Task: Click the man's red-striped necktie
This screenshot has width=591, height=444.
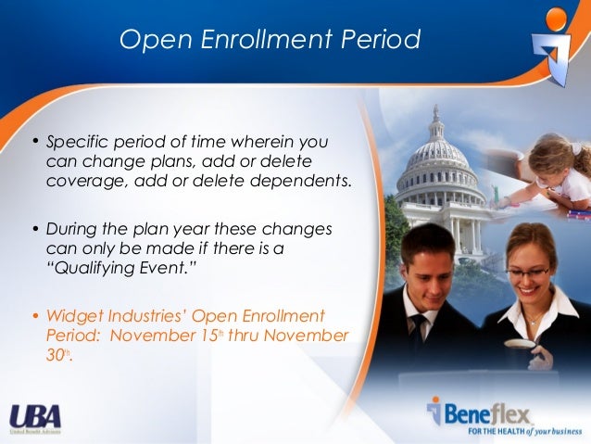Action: (420, 335)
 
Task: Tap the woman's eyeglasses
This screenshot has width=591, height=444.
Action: (528, 273)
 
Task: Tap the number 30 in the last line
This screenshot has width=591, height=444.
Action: (56, 353)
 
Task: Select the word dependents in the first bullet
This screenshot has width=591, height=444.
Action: (305, 179)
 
